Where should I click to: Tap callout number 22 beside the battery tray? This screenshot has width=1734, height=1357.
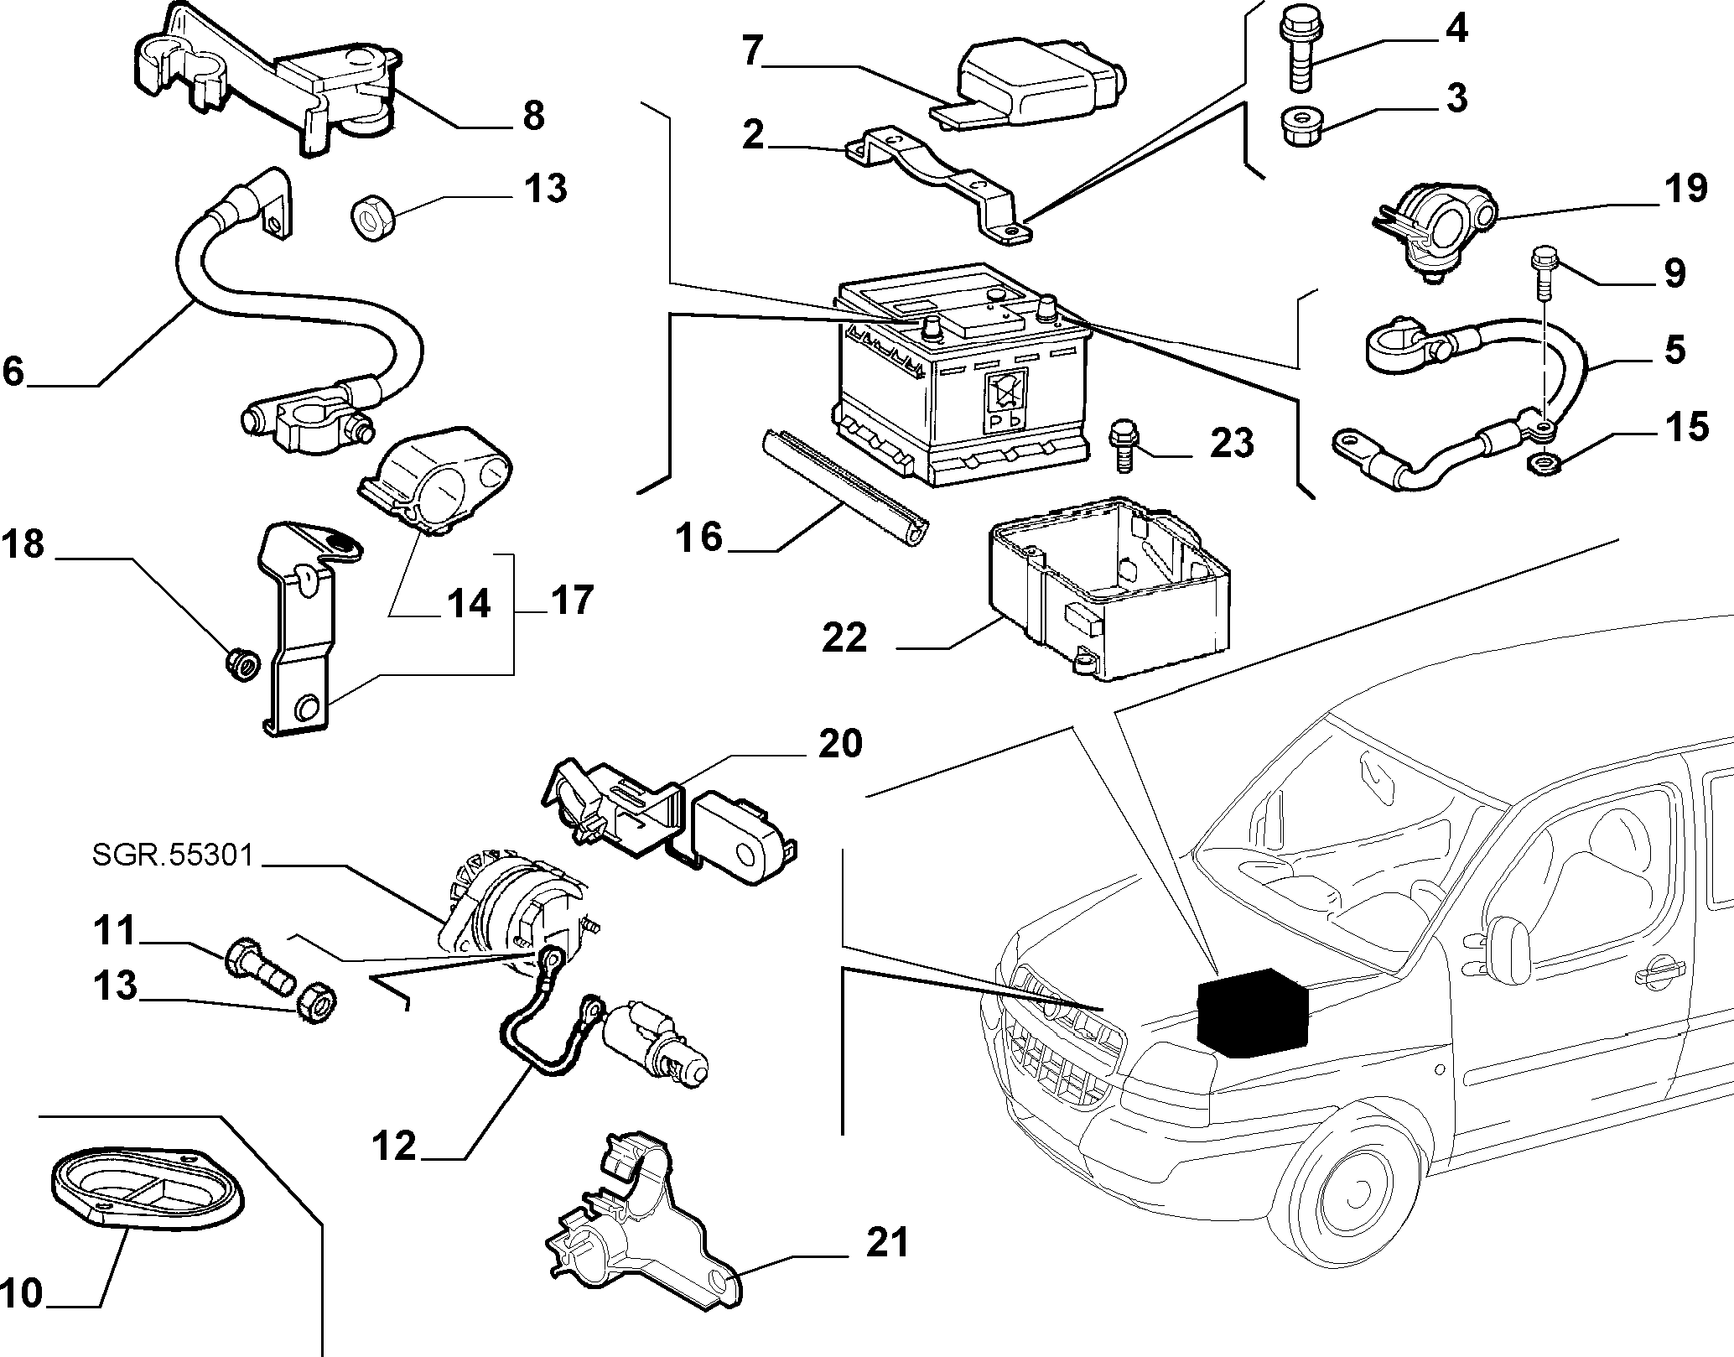844,637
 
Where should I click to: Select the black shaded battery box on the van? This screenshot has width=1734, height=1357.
1253,1017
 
